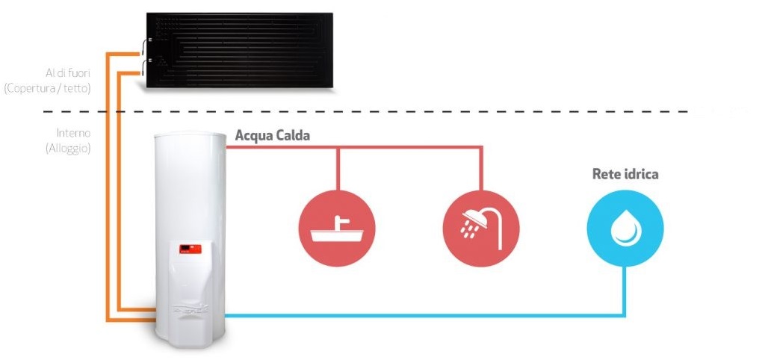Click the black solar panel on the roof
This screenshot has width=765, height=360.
(x=240, y=50)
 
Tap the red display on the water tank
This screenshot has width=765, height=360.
(x=191, y=249)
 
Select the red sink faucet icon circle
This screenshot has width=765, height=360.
(x=337, y=229)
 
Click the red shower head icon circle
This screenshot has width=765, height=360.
(x=481, y=229)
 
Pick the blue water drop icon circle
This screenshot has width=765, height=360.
(x=625, y=229)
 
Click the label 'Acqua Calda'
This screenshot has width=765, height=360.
(x=272, y=136)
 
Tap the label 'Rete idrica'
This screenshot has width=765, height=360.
(x=625, y=174)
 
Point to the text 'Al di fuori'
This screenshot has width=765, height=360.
(x=68, y=73)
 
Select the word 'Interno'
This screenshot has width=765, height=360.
(x=73, y=133)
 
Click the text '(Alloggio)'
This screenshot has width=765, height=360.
(x=68, y=149)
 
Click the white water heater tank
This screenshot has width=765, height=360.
(x=191, y=240)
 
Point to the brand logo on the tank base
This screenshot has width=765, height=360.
(x=191, y=308)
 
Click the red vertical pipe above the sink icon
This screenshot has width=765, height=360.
(x=337, y=169)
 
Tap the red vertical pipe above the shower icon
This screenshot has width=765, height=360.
(x=481, y=169)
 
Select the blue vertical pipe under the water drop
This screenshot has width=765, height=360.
(x=624, y=291)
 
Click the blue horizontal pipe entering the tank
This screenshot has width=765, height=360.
(x=424, y=316)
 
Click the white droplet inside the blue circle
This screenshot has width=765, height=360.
(x=626, y=228)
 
